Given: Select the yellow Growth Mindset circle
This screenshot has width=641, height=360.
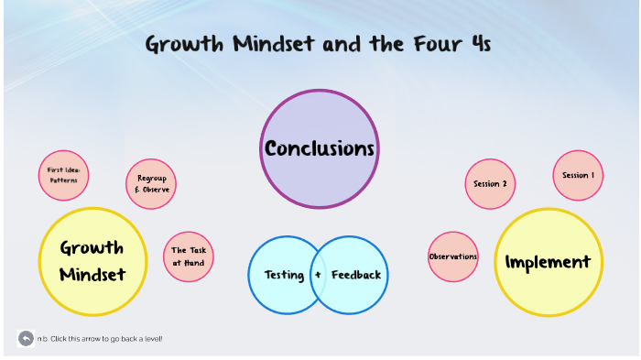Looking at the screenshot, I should pos(92,261).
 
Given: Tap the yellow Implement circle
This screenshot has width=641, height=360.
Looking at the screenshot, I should pos(548,262).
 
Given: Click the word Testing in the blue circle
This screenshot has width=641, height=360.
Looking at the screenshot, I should pos(284,275).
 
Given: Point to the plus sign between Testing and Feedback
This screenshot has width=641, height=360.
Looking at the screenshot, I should pos(318,275).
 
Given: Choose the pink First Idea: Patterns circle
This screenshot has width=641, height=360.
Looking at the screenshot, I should pos(63,175).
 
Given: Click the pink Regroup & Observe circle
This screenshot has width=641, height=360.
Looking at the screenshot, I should pos(151,183).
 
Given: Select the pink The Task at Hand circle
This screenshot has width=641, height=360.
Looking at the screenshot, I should pos(188,256).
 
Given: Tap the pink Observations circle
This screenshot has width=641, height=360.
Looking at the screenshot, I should pos(453,256).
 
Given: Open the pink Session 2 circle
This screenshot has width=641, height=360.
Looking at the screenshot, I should pos(491,183).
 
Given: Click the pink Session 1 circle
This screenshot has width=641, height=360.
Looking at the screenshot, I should pos(578,175).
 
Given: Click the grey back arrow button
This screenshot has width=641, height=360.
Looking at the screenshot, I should pos(26,339).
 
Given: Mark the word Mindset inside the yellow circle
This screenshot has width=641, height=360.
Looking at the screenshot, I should pos(92,274).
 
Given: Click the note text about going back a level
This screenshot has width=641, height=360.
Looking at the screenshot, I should pos(100,339).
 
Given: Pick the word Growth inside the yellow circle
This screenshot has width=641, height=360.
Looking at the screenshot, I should pos(92,247).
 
